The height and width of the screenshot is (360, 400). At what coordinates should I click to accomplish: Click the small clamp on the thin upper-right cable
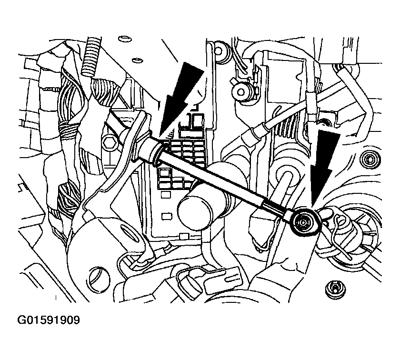click(311, 105)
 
